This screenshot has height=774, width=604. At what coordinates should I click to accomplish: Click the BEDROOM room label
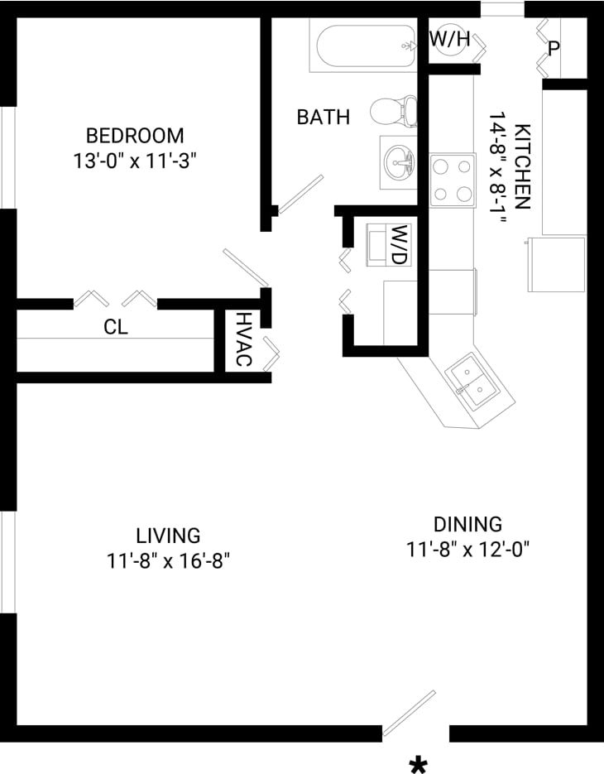click(x=135, y=135)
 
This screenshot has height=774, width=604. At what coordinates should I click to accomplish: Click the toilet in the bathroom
click(x=394, y=110)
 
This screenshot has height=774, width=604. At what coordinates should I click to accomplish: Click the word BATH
click(x=324, y=118)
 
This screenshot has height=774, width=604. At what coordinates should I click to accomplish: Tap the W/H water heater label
click(x=449, y=38)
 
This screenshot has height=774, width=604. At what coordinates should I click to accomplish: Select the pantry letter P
click(x=554, y=47)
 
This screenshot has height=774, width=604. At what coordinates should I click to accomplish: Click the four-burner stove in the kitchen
click(x=453, y=180)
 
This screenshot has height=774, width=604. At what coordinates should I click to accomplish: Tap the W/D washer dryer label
click(x=400, y=244)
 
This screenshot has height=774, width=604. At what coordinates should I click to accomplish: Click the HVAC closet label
click(x=243, y=339)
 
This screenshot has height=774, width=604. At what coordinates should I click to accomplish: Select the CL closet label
click(x=116, y=327)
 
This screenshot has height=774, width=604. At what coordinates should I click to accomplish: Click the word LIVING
click(x=168, y=536)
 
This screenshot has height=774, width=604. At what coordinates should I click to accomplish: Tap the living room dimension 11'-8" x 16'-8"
click(x=168, y=561)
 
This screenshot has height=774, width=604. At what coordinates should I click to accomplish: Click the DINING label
click(x=467, y=524)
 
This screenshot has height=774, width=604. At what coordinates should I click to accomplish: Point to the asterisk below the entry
click(x=419, y=763)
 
